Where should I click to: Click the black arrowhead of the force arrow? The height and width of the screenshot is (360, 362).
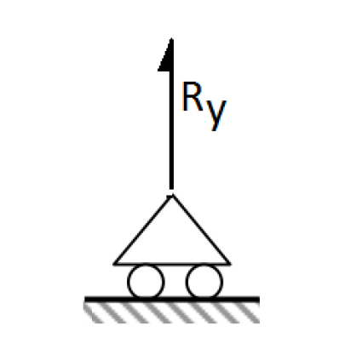(x=168, y=58)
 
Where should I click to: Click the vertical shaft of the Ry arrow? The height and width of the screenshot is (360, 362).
(x=171, y=113)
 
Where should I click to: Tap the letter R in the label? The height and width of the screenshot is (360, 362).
(x=192, y=96)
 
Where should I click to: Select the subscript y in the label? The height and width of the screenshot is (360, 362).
(x=215, y=115)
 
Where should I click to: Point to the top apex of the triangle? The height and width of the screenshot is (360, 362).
(x=172, y=196)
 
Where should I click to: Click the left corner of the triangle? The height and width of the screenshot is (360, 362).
(x=113, y=265)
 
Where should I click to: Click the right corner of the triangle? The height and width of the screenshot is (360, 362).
(x=230, y=265)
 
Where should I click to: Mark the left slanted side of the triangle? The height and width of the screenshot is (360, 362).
(x=142, y=230)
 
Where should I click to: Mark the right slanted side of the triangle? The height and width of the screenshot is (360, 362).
(x=201, y=230)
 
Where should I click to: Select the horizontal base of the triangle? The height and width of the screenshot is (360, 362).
(x=172, y=265)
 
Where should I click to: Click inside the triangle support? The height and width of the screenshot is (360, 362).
(x=172, y=244)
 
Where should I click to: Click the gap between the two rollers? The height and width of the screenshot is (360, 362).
(x=175, y=282)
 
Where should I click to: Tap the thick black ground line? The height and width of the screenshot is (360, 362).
(x=172, y=300)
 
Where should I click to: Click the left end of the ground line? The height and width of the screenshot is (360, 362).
(x=85, y=300)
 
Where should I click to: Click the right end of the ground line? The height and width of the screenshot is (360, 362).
(x=259, y=300)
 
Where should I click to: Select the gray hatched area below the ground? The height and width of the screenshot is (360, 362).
(x=172, y=312)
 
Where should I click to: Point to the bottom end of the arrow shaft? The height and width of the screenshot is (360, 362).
(x=171, y=189)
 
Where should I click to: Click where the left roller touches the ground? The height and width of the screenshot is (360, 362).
(x=146, y=297)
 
